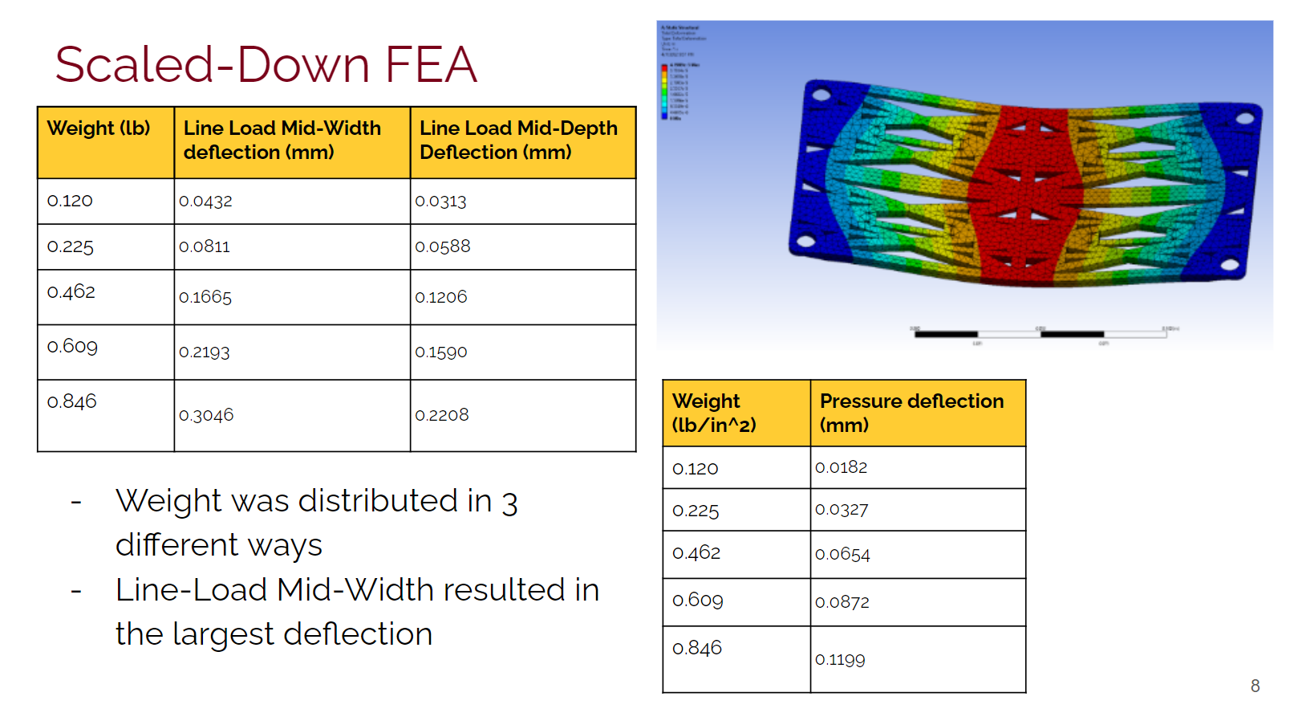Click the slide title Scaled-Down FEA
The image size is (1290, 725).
(x=266, y=64)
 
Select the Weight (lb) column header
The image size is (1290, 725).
(x=99, y=128)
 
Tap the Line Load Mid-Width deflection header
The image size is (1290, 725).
(x=282, y=141)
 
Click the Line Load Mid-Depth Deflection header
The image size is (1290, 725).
(x=518, y=141)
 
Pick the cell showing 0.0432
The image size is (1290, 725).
(x=206, y=201)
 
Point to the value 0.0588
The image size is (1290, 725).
(x=443, y=246)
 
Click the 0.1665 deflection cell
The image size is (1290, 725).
(x=205, y=297)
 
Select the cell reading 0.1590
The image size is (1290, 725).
(x=441, y=352)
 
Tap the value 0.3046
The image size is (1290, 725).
(x=206, y=415)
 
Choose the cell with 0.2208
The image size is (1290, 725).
(x=442, y=415)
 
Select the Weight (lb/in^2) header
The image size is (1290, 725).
(x=714, y=413)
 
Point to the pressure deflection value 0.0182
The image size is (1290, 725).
(x=842, y=467)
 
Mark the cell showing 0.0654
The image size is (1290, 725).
(x=842, y=554)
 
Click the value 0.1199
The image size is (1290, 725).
(x=840, y=660)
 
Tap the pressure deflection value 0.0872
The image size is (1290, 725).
(x=842, y=602)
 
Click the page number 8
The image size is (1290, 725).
(x=1255, y=686)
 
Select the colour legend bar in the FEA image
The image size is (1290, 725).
(x=663, y=92)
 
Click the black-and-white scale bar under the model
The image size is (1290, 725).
(x=1041, y=333)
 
